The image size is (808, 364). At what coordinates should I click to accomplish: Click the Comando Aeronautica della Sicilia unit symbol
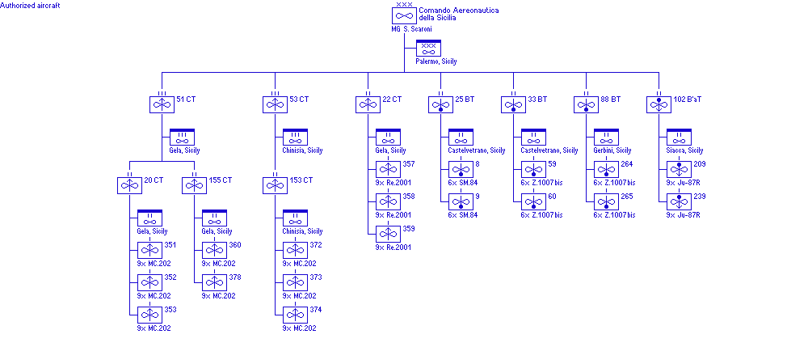click(404, 15)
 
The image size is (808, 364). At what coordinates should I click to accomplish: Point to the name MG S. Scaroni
click(412, 29)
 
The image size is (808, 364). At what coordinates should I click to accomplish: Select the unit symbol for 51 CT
click(162, 104)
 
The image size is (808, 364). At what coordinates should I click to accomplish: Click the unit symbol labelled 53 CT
click(275, 104)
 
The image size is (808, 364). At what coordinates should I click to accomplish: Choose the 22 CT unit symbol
click(368, 104)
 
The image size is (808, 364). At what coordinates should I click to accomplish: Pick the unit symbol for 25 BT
click(440, 104)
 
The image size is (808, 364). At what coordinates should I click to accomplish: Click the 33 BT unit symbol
click(513, 104)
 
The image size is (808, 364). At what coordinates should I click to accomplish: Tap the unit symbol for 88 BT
click(586, 104)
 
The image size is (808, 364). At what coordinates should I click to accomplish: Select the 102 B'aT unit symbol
click(659, 104)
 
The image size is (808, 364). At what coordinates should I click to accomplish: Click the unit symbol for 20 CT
click(129, 185)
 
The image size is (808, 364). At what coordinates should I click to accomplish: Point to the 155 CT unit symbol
click(194, 185)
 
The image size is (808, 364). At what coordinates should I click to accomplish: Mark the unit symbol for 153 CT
click(275, 185)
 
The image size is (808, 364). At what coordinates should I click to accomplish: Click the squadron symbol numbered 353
click(149, 315)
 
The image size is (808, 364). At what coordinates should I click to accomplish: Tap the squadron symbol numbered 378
click(214, 282)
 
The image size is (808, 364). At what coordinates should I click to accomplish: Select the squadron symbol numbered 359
click(388, 234)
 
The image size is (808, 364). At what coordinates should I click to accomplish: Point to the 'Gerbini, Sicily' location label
click(613, 150)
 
